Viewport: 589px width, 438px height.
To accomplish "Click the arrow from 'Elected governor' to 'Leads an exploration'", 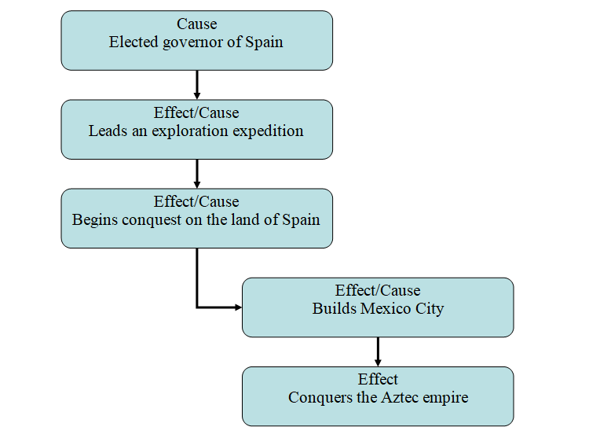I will click(196, 84).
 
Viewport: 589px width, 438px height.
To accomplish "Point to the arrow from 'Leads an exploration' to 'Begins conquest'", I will click(196, 173).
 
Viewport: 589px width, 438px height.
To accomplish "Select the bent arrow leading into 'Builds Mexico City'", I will click(197, 283).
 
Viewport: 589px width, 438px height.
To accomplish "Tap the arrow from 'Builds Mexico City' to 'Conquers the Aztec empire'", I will click(378, 351).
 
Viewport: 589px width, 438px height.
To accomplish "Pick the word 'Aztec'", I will click(401, 397).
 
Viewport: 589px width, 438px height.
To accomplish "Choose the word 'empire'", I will click(445, 397).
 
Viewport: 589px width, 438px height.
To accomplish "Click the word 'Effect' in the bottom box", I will click(378, 379).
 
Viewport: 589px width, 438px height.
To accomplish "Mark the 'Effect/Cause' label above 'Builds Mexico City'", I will click(378, 291).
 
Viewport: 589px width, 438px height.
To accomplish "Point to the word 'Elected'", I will click(134, 42).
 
